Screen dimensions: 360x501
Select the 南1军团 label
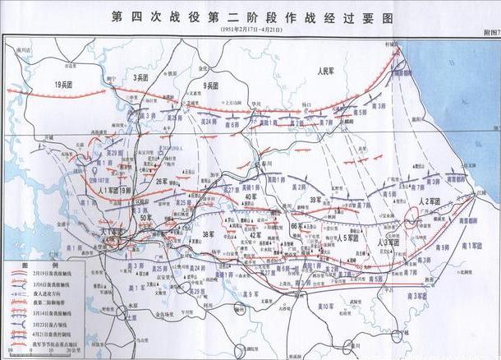tap(473, 246)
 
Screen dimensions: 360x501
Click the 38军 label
tap(209, 236)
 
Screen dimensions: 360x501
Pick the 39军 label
tap(315, 201)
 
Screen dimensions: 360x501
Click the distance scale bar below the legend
tap(39, 352)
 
